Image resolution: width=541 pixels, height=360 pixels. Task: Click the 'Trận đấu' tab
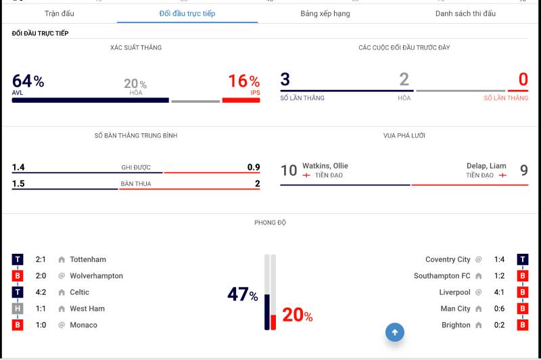(x=60, y=14)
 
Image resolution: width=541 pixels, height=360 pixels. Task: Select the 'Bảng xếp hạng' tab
(x=325, y=14)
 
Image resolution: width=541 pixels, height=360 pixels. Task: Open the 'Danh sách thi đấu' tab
(x=465, y=14)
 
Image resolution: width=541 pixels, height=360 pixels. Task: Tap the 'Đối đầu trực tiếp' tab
(x=187, y=14)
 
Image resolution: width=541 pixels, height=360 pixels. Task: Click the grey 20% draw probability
(x=135, y=84)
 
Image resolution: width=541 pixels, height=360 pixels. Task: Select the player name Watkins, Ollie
(x=325, y=166)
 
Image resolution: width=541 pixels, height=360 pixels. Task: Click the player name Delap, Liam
(x=486, y=166)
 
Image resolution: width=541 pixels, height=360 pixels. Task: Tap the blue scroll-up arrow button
(x=395, y=332)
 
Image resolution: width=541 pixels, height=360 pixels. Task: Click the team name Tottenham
(x=88, y=259)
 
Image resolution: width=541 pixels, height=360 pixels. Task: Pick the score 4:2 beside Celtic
(x=41, y=292)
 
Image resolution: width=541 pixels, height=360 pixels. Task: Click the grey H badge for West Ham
(x=18, y=309)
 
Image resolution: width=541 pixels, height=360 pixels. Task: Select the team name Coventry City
(x=448, y=259)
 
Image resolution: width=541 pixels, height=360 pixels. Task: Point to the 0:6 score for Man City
(x=499, y=309)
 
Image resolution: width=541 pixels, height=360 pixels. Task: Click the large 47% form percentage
(x=242, y=294)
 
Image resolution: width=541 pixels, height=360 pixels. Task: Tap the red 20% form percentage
(x=297, y=315)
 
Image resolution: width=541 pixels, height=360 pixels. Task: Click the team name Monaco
(x=83, y=325)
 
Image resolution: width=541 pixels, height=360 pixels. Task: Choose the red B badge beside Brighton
(x=523, y=325)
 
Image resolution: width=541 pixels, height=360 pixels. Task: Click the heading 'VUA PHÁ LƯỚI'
(x=404, y=135)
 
